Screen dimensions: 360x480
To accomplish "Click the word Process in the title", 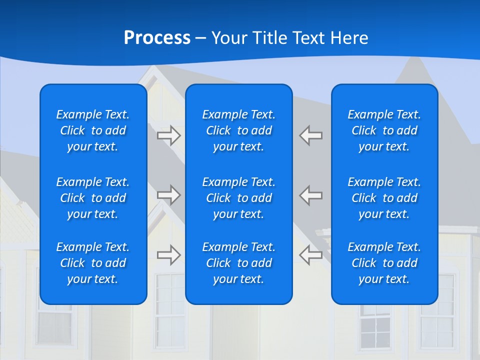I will click(157, 38).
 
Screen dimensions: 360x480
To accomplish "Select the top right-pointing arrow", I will click(169, 135).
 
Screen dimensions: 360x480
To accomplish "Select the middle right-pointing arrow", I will click(169, 195).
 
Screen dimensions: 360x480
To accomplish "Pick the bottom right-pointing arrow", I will click(169, 255).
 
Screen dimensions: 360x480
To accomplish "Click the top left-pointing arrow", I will click(310, 135).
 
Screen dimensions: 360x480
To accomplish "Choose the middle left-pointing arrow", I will click(310, 195).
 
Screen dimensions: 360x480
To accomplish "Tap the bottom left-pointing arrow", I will click(310, 255).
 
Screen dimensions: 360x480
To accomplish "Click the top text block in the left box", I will click(93, 130).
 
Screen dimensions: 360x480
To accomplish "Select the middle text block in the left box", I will click(93, 198).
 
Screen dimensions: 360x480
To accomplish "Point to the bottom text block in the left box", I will click(93, 263).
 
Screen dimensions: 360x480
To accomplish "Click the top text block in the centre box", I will click(239, 130).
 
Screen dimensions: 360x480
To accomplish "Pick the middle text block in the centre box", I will click(239, 198).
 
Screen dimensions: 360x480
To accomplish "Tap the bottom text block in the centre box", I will click(239, 263).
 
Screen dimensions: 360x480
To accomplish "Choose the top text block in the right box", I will click(384, 130).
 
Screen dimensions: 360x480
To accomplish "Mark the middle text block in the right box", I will click(384, 198).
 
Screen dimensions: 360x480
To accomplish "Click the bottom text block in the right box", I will click(384, 263).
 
